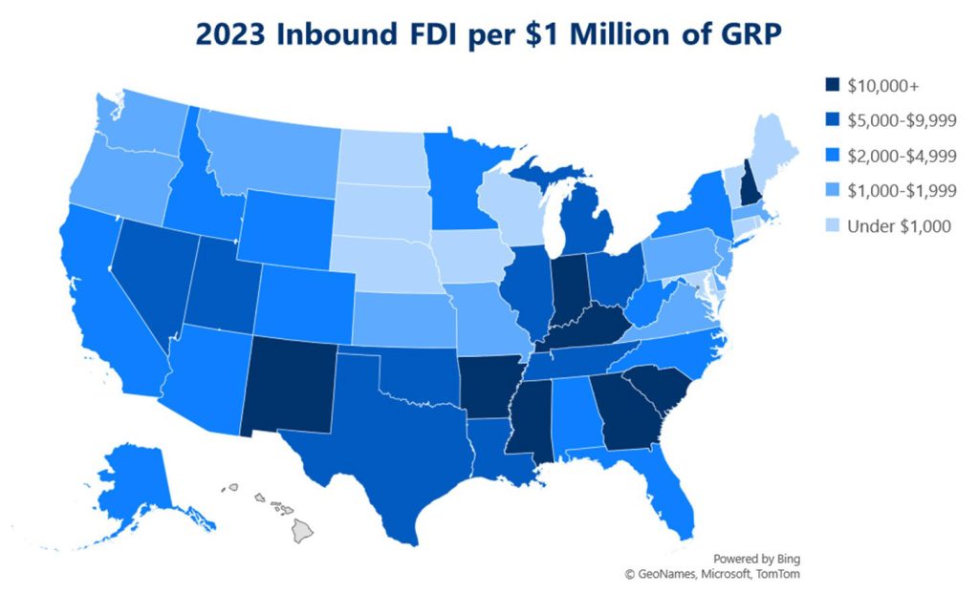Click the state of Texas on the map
tap(382, 449)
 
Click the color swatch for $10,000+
tap(831, 84)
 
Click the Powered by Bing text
tap(756, 559)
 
